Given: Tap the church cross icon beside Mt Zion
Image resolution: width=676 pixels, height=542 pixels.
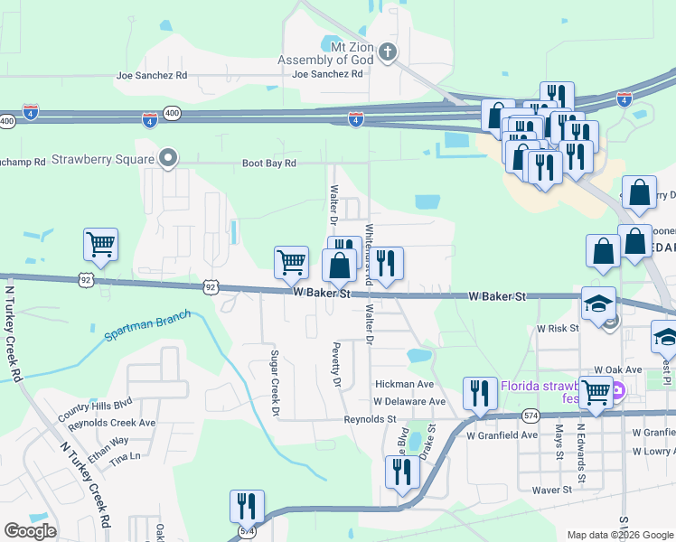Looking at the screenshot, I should (388, 51).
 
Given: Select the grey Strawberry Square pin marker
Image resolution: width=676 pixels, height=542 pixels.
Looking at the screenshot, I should (167, 159).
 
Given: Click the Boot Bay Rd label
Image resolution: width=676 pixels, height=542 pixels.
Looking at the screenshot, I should (268, 164).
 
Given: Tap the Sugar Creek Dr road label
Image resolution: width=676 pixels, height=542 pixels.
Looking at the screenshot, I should (274, 384).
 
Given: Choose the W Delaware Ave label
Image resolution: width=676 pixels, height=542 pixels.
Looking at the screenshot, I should (409, 401).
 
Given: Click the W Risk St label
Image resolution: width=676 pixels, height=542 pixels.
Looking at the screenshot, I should (558, 329).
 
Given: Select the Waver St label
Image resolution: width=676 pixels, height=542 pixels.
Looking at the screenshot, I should (552, 490).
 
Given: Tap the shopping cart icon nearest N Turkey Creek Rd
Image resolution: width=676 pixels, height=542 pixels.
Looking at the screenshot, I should (100, 244).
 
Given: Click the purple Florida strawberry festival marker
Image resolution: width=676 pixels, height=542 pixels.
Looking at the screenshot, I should (618, 392).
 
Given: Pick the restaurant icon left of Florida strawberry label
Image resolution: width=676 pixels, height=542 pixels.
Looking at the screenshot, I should (479, 393).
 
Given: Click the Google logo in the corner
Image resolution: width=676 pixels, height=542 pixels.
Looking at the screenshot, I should (30, 530).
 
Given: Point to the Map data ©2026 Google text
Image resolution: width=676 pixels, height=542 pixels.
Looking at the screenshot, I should (619, 535).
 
